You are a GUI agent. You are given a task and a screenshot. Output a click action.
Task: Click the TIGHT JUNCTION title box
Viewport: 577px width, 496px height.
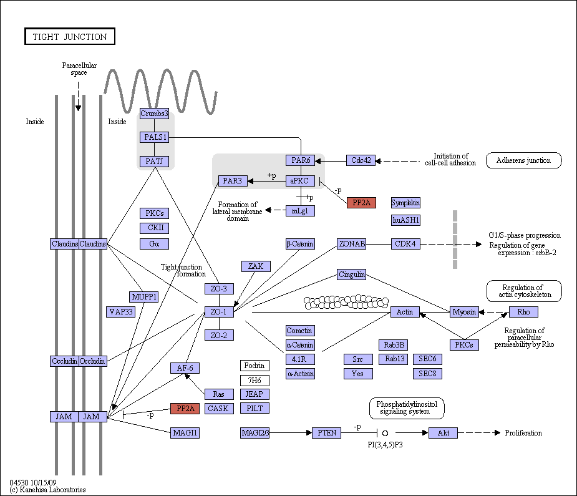pyautogui.click(x=70, y=36)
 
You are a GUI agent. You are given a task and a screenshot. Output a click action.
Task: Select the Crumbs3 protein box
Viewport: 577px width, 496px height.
pyautogui.click(x=154, y=114)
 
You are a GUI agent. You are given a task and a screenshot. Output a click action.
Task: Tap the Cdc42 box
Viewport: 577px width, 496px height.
pyautogui.click(x=361, y=160)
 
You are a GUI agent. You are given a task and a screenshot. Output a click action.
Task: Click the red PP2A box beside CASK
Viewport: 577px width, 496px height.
pyautogui.click(x=185, y=409)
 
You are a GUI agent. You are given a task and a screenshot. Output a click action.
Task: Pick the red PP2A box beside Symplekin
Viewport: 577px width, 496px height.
pyautogui.click(x=361, y=203)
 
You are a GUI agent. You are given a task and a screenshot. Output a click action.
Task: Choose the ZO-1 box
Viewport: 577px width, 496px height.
pyautogui.click(x=219, y=312)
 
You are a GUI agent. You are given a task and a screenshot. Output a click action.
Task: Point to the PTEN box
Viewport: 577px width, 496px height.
pyautogui.click(x=327, y=433)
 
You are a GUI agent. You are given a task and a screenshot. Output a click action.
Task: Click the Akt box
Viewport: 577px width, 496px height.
pyautogui.click(x=443, y=433)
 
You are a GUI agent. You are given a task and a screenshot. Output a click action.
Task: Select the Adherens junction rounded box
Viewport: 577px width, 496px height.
pyautogui.click(x=523, y=160)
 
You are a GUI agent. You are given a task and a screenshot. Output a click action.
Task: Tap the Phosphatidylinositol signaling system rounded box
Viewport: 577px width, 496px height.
pyautogui.click(x=407, y=408)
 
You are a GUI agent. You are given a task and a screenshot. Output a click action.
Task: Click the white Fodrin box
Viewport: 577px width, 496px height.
pyautogui.click(x=255, y=366)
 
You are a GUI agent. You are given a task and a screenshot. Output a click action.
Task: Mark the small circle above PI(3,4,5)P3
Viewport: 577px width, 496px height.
pyautogui.click(x=385, y=433)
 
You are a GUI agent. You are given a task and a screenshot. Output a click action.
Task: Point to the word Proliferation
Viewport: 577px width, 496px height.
pyautogui.click(x=523, y=433)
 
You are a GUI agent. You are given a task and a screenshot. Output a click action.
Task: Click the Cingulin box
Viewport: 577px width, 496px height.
pyautogui.click(x=352, y=275)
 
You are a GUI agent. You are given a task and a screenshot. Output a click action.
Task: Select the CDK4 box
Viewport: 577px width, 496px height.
pyautogui.click(x=405, y=244)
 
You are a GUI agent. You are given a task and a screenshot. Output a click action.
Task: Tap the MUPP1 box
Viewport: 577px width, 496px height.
pyautogui.click(x=144, y=297)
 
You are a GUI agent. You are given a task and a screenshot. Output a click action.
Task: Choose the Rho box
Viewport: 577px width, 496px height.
pyautogui.click(x=523, y=312)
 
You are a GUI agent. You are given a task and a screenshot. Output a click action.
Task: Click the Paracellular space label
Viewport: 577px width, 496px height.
pyautogui.click(x=79, y=69)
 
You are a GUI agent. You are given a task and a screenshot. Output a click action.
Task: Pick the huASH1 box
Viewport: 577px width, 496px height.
pyautogui.click(x=405, y=220)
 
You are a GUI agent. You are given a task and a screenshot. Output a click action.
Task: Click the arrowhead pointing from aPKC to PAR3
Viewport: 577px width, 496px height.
pyautogui.click(x=250, y=181)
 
